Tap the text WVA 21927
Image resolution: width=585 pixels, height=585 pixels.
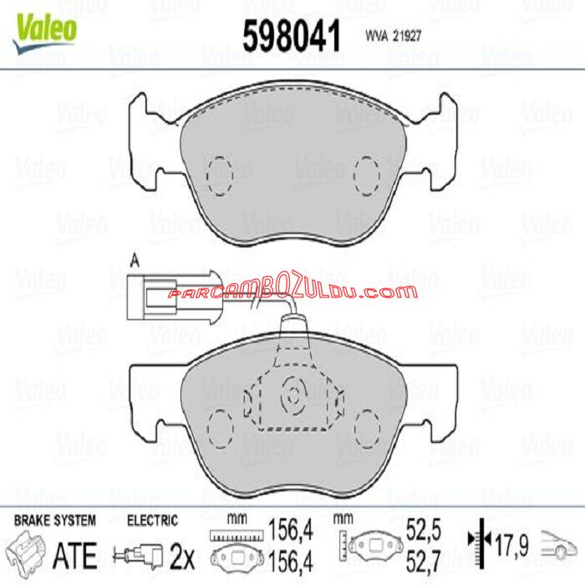(x=392, y=38)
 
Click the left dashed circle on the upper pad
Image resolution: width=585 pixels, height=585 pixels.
(x=219, y=175)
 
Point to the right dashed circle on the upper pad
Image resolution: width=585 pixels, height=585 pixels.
(x=367, y=175)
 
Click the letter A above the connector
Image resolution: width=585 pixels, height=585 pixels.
(x=134, y=259)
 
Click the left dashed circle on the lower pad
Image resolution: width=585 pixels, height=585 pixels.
(x=219, y=428)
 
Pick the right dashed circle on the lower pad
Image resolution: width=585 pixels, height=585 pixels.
(x=367, y=428)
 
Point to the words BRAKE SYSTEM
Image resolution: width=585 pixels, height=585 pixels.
(x=54, y=520)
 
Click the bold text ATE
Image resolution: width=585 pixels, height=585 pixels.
(x=76, y=552)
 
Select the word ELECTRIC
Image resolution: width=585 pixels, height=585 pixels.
(x=152, y=520)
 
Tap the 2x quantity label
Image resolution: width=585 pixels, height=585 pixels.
(x=182, y=552)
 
